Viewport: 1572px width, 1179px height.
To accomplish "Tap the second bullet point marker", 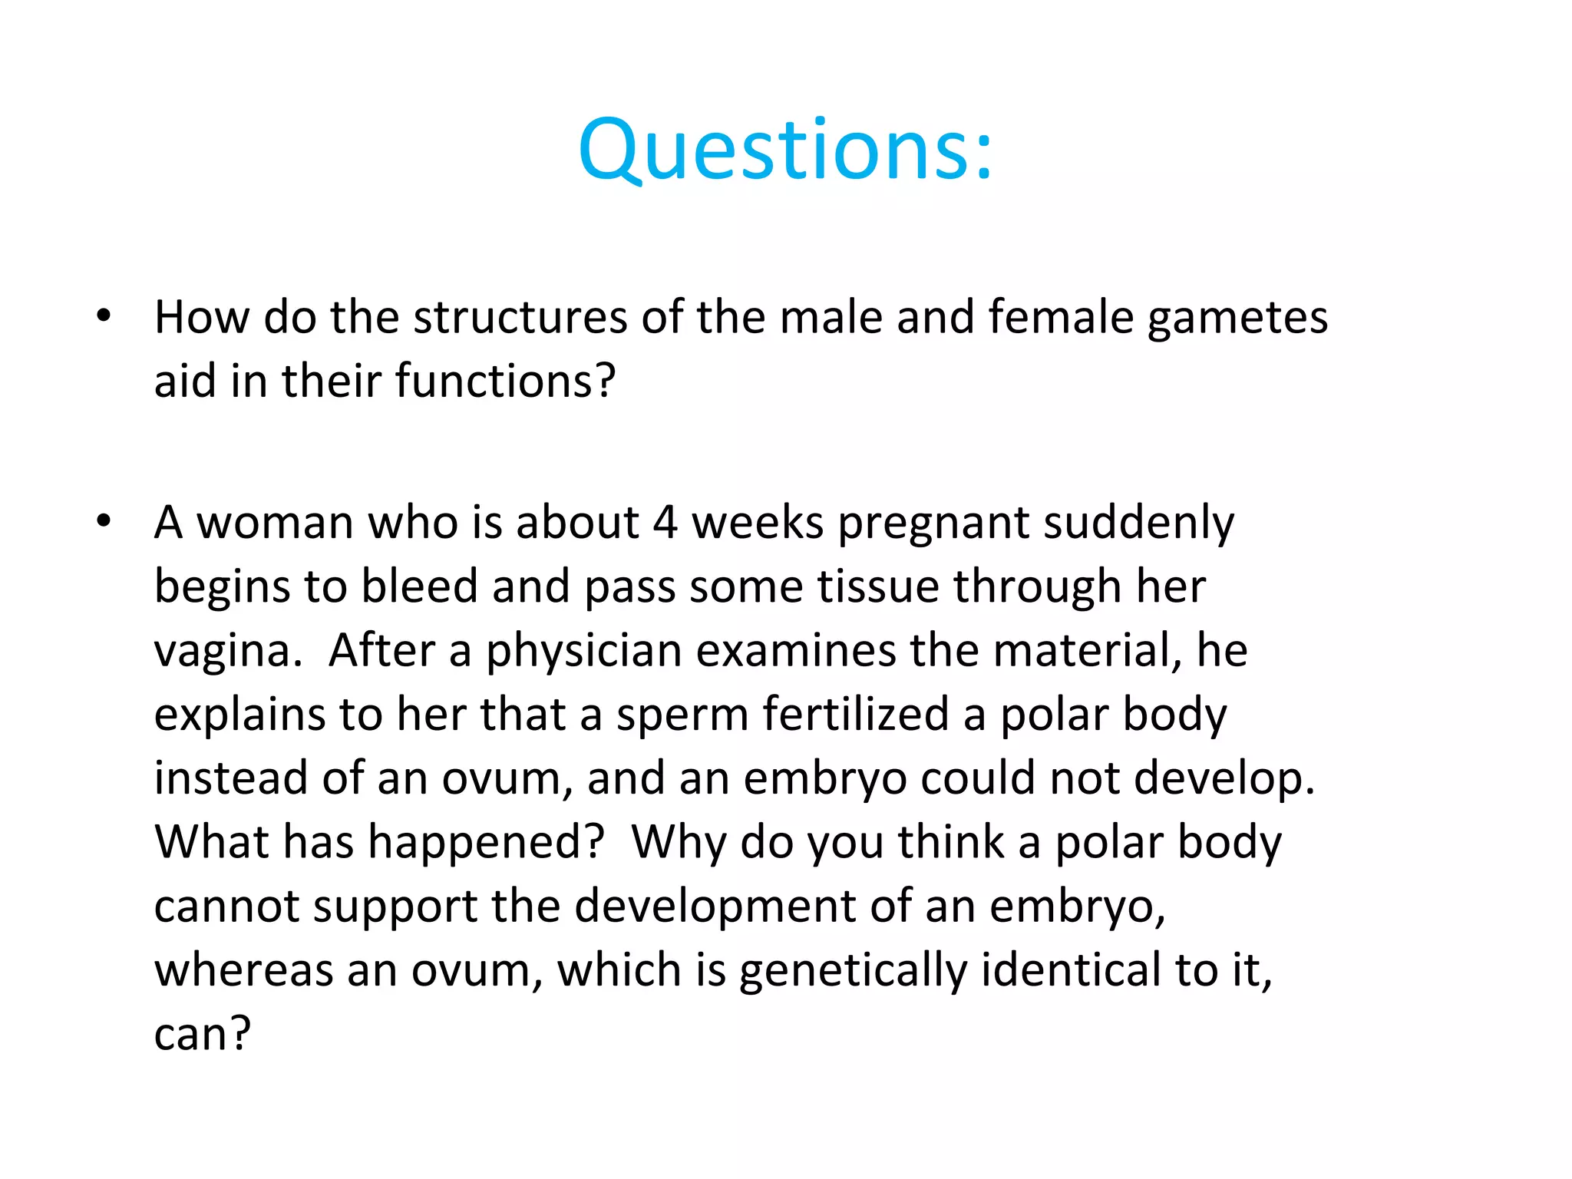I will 104,522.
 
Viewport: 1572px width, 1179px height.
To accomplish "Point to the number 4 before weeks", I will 665,523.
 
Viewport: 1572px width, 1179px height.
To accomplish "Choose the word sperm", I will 682,716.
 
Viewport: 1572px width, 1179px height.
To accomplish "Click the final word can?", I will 202,1035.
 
